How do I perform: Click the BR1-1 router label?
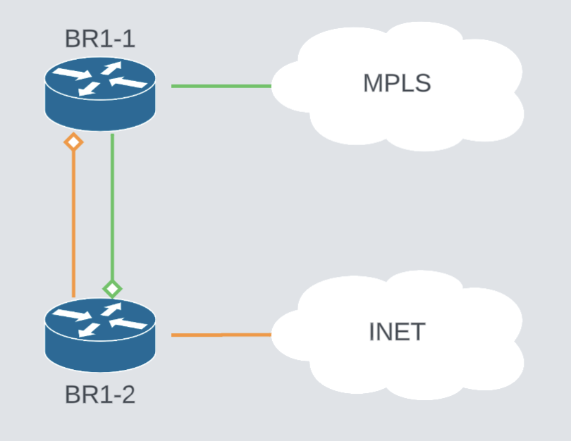click(x=99, y=39)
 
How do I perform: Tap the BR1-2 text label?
click(x=99, y=395)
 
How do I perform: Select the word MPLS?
click(x=396, y=83)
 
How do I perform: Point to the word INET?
click(x=396, y=331)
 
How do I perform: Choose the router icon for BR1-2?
click(x=99, y=335)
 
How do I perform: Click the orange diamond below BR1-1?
click(x=73, y=142)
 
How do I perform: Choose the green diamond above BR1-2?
click(x=112, y=288)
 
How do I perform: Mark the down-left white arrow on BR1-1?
click(x=89, y=88)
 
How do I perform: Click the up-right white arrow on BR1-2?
click(x=112, y=309)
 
